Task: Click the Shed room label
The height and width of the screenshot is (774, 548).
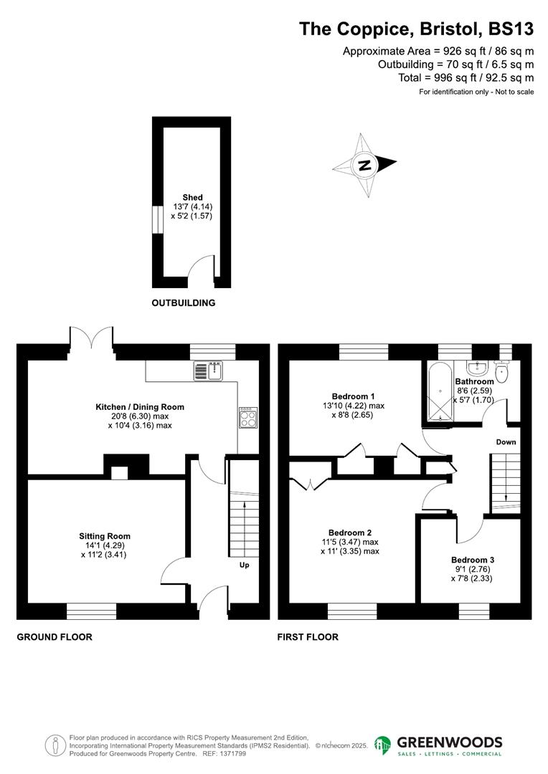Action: (192, 197)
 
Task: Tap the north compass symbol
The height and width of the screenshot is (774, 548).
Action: (365, 165)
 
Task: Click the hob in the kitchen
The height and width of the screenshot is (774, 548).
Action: (248, 417)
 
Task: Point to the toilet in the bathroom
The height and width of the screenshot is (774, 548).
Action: (501, 372)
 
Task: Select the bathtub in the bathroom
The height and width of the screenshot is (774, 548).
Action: (438, 393)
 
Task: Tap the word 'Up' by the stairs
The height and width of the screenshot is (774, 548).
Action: (244, 565)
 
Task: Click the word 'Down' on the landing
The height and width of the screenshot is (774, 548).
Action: (506, 442)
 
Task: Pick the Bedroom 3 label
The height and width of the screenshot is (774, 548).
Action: (473, 560)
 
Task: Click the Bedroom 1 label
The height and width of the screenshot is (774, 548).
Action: (353, 396)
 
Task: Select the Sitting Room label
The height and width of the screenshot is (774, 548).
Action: (105, 536)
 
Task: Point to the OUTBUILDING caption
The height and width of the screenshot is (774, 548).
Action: (184, 303)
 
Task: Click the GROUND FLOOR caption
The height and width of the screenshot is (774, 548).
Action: (55, 636)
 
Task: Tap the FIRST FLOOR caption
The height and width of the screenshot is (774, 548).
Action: (308, 636)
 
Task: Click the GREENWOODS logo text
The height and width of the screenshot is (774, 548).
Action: (448, 742)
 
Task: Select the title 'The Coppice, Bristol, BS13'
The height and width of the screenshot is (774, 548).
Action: (416, 29)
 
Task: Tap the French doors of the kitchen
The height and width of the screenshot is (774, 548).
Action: (92, 339)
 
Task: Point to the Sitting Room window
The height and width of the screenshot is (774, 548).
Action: (91, 611)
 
